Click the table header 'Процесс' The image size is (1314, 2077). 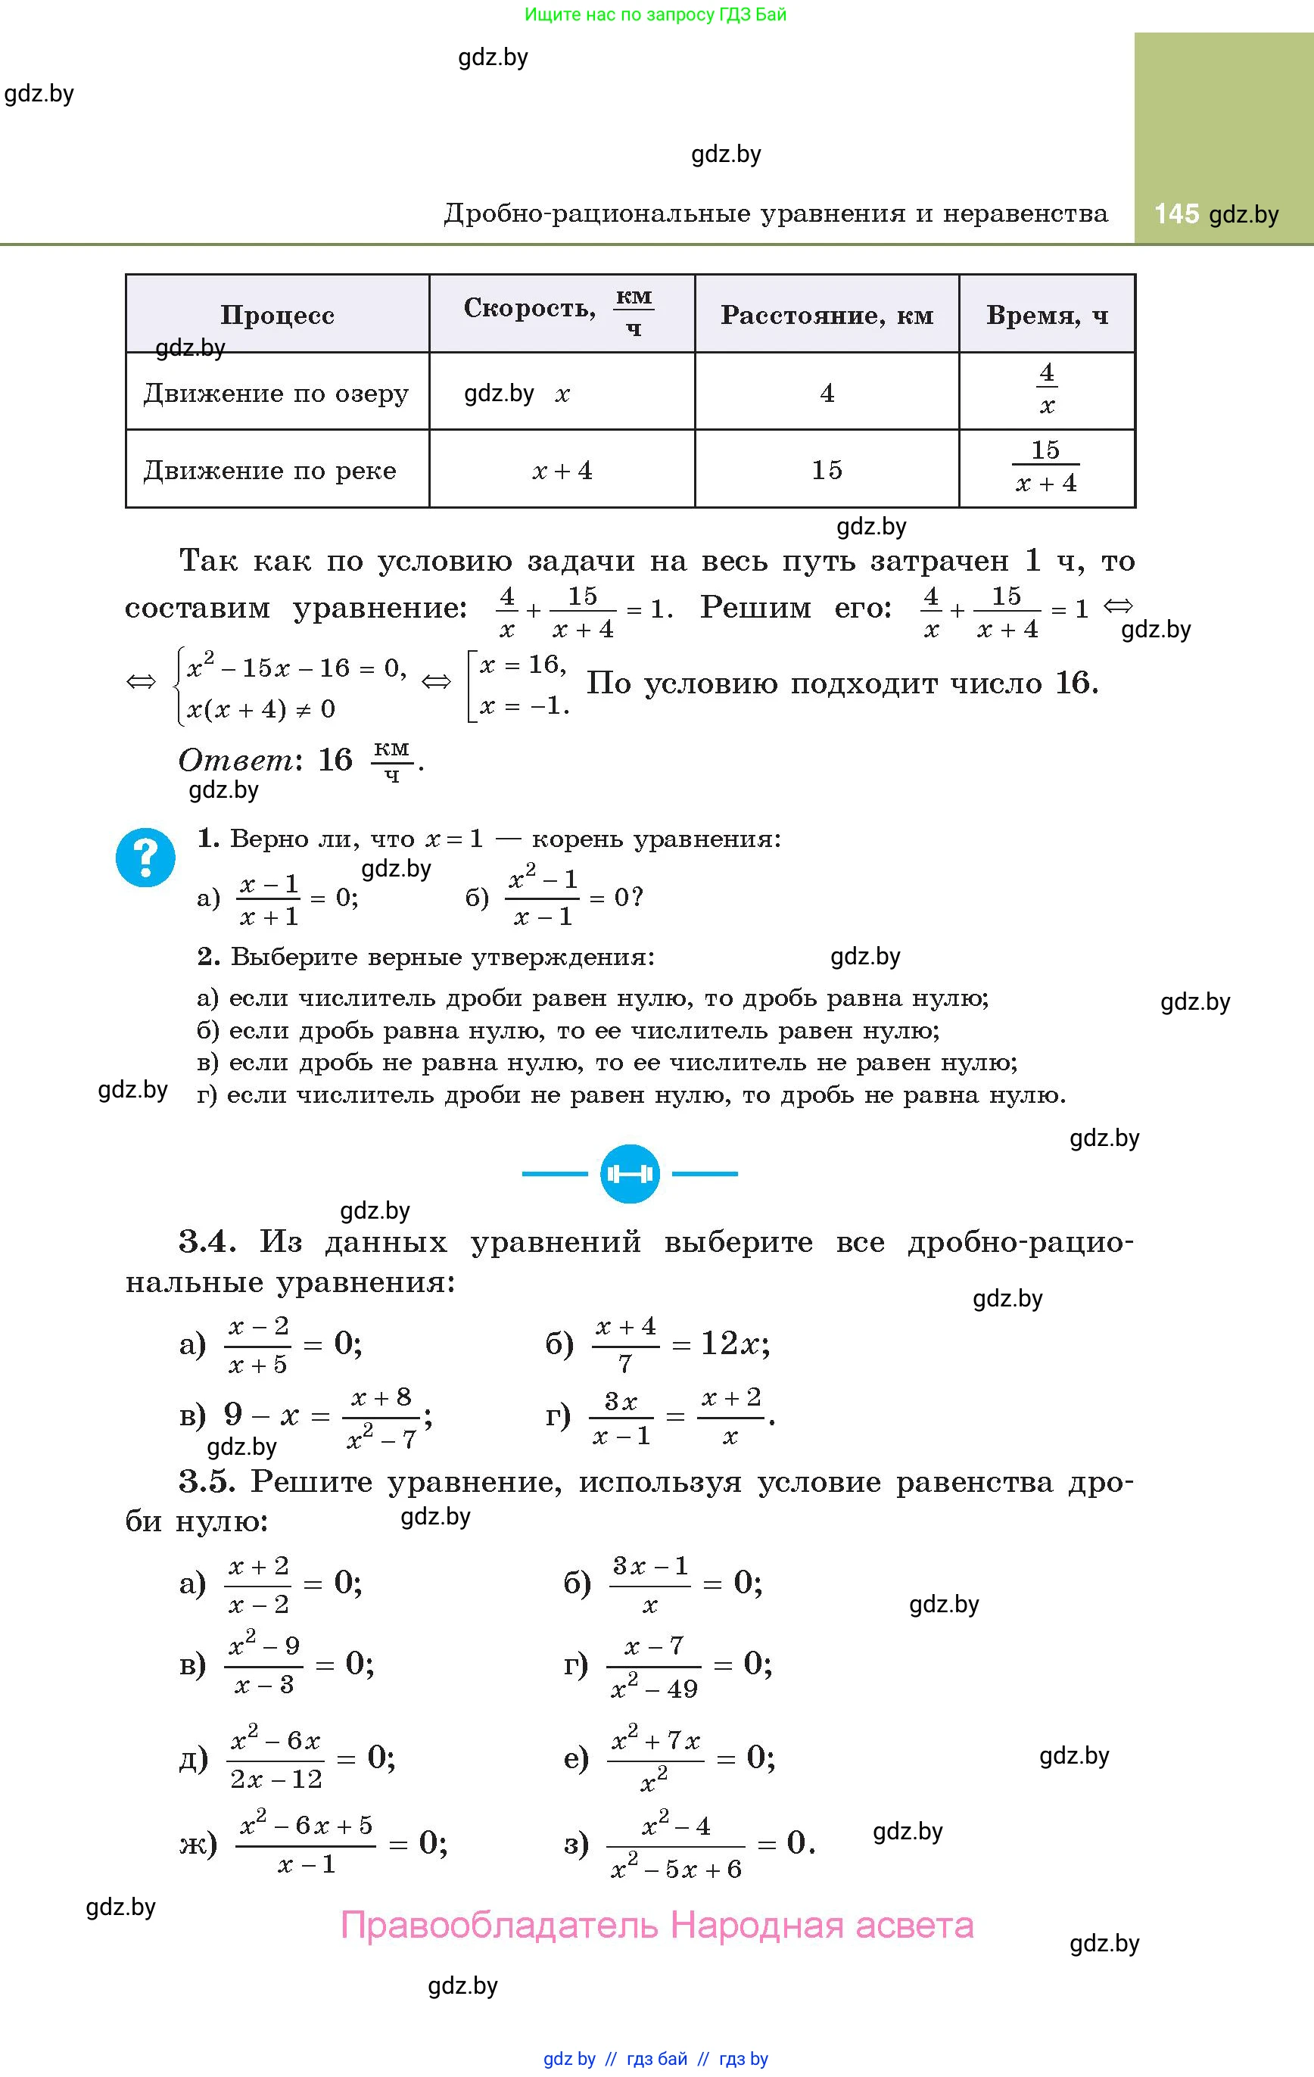(x=277, y=315)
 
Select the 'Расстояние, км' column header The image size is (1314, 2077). (x=827, y=315)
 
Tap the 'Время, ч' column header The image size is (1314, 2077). (x=1047, y=315)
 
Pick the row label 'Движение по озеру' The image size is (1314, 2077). (x=276, y=394)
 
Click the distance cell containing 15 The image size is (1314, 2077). (x=827, y=470)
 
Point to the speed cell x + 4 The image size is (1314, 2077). (x=562, y=470)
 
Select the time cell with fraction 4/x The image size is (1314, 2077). (x=1047, y=390)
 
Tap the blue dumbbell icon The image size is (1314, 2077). (x=630, y=1174)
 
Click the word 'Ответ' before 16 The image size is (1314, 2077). (x=235, y=760)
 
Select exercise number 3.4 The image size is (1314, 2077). (x=207, y=1242)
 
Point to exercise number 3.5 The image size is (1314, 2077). (x=207, y=1482)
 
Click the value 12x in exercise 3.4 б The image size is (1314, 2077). (x=733, y=1344)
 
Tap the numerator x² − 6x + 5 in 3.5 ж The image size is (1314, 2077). (x=306, y=1826)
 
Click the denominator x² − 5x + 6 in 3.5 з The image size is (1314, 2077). (x=676, y=1869)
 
